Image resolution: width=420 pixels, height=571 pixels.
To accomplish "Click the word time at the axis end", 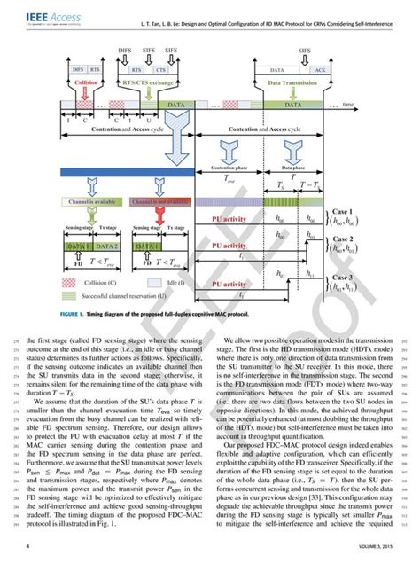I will tap(348, 105).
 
